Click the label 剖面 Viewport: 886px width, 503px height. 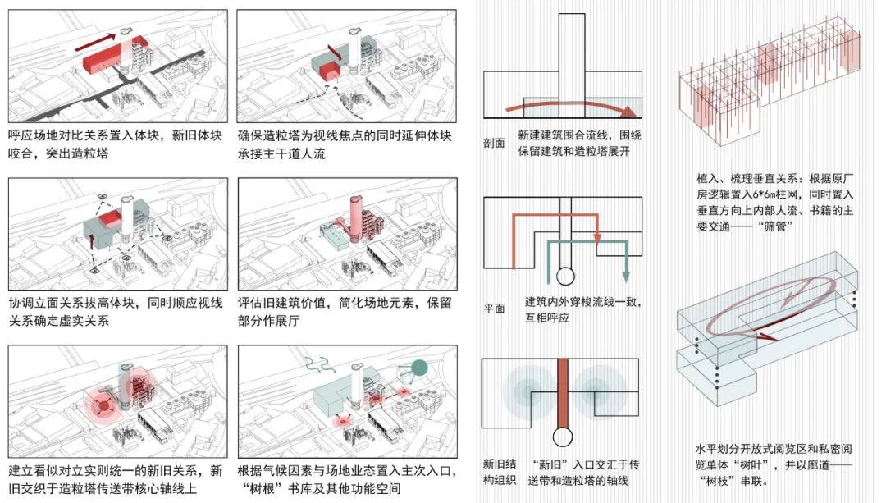click(494, 143)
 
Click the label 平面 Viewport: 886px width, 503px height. click(494, 309)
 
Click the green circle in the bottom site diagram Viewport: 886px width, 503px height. click(418, 368)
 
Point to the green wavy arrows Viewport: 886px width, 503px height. click(321, 364)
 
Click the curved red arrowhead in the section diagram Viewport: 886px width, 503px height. click(628, 112)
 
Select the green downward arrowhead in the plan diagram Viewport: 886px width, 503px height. click(626, 277)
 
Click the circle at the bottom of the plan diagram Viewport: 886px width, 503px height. click(565, 277)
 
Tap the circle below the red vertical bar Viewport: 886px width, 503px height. click(562, 437)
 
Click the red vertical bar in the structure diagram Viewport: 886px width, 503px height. click(562, 393)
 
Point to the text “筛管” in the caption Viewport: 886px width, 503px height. click(777, 227)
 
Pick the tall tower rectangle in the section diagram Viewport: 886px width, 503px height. click(572, 66)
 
